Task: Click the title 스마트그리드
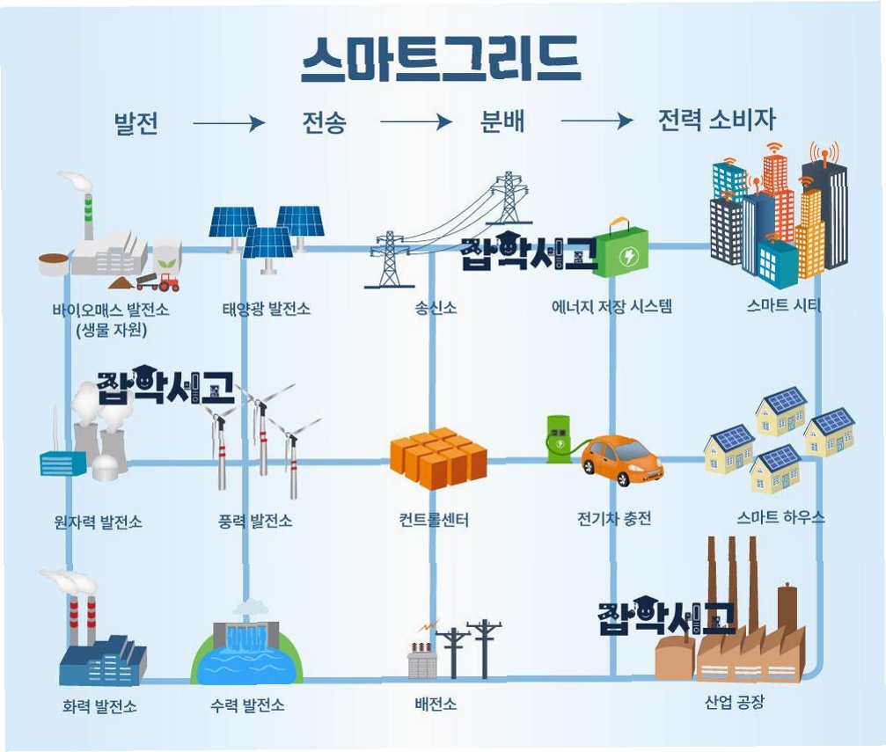pyautogui.click(x=440, y=60)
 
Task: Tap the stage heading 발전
pyautogui.click(x=136, y=123)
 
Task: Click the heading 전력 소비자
pyautogui.click(x=716, y=120)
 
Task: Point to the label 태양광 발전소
pyautogui.click(x=266, y=310)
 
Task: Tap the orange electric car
pyautogui.click(x=622, y=458)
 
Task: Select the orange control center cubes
pyautogui.click(x=438, y=457)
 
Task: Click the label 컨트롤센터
pyautogui.click(x=434, y=521)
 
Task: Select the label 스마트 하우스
pyautogui.click(x=781, y=517)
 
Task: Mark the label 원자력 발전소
pyautogui.click(x=97, y=522)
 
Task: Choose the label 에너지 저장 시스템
pyautogui.click(x=612, y=308)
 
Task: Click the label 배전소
pyautogui.click(x=436, y=705)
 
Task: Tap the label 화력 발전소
pyautogui.click(x=99, y=706)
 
